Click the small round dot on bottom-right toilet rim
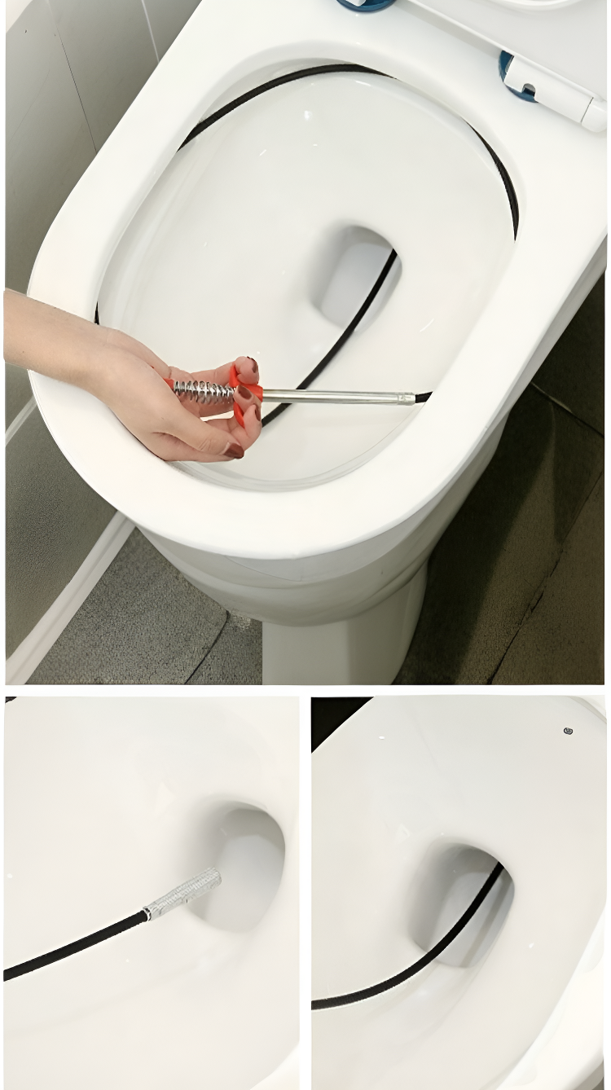(x=568, y=731)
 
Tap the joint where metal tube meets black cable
(x=416, y=398)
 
